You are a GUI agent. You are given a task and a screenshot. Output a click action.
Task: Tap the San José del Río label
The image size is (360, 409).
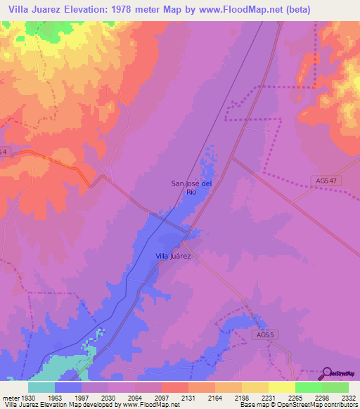[x=191, y=187]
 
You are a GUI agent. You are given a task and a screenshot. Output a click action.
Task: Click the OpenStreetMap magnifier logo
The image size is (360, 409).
[x=326, y=373]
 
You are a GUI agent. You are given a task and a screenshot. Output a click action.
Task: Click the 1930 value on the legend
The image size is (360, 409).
[x=28, y=397]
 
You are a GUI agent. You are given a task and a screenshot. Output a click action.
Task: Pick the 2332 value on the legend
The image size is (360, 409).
[x=348, y=397]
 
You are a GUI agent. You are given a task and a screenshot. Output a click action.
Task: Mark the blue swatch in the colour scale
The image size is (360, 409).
[x=68, y=387]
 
